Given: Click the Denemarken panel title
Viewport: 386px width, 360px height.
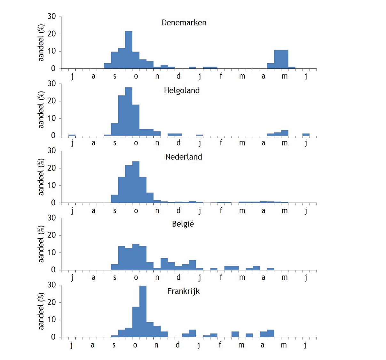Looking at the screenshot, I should pyautogui.click(x=184, y=23).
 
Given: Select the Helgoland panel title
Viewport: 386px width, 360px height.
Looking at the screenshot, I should pyautogui.click(x=182, y=91).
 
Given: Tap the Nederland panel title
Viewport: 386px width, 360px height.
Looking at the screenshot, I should pyautogui.click(x=184, y=157).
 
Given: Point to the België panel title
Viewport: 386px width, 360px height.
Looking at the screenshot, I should pyautogui.click(x=183, y=224).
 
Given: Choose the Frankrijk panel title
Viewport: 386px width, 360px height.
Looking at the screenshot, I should pyautogui.click(x=184, y=291).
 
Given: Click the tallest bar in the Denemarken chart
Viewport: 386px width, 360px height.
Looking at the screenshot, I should pyautogui.click(x=129, y=50).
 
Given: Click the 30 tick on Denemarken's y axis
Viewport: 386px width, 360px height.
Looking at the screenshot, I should pyautogui.click(x=52, y=16).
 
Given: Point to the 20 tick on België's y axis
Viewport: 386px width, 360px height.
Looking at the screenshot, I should pyautogui.click(x=52, y=235).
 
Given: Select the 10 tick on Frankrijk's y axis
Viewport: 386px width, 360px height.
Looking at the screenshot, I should pyautogui.click(x=52, y=320).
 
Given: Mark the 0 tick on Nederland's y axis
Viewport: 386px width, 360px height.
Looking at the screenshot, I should pyautogui.click(x=53, y=203).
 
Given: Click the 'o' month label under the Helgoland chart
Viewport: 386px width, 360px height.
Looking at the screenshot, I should pyautogui.click(x=136, y=143).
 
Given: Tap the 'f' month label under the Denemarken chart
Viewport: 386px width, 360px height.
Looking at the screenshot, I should pyautogui.click(x=221, y=76).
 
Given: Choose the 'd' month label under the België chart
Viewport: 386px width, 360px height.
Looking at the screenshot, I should pyautogui.click(x=178, y=277).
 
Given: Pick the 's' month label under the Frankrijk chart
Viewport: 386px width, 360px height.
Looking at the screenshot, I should pyautogui.click(x=114, y=345).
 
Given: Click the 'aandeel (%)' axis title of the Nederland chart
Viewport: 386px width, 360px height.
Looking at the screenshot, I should pyautogui.click(x=41, y=177).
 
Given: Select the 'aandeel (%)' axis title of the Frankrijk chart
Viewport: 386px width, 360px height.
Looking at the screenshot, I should pyautogui.click(x=41, y=311).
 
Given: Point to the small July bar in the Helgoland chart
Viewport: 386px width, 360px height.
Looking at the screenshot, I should pyautogui.click(x=72, y=135).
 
